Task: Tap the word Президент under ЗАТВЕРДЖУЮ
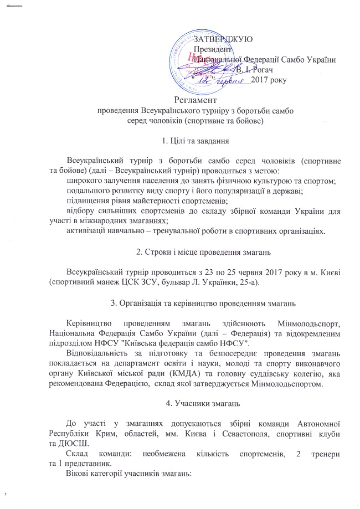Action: click(x=211, y=49)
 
